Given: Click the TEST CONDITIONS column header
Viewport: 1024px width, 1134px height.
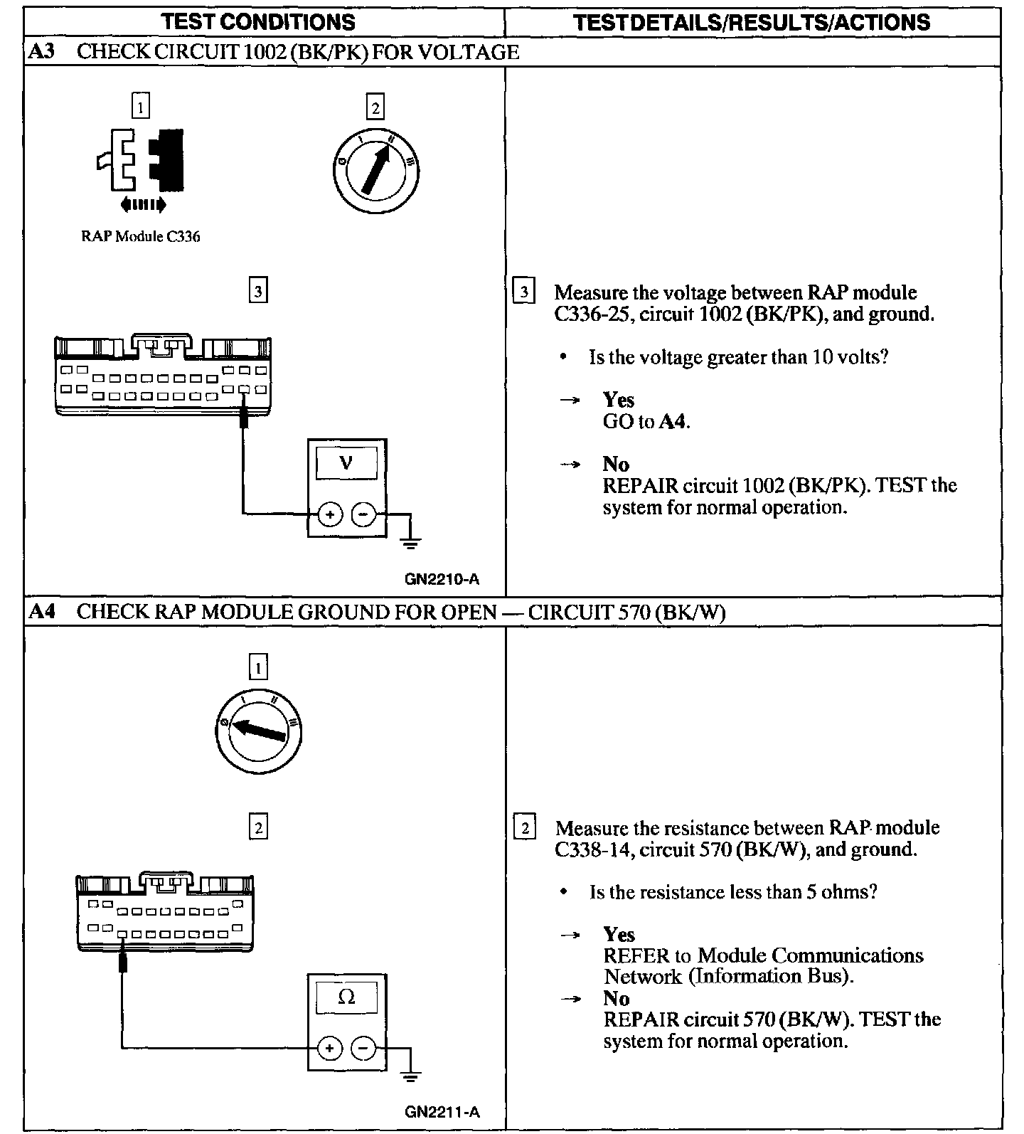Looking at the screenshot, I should [258, 22].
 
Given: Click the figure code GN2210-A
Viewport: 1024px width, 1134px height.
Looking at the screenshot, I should [442, 579].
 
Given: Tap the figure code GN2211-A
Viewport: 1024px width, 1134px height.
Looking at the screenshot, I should [442, 1112].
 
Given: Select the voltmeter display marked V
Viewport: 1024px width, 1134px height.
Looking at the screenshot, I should [346, 464].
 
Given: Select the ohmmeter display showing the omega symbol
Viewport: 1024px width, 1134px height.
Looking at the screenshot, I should [346, 997].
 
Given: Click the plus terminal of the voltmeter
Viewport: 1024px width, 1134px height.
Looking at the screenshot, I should [329, 514].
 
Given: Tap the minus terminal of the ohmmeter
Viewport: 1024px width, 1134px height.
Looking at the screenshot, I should [363, 1048].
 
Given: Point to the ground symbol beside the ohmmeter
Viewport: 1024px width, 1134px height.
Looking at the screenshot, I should [410, 1077].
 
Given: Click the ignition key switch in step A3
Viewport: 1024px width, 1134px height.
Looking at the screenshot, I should [375, 171].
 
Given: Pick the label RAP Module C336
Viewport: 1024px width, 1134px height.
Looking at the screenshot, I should [141, 237].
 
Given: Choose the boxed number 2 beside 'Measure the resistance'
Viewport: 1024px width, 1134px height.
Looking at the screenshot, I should [525, 828].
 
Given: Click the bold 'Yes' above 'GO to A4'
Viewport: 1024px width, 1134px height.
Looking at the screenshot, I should [618, 400].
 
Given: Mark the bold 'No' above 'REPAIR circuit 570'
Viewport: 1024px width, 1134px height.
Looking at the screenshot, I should [616, 998].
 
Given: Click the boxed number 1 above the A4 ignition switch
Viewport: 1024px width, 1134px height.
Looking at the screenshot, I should [258, 667].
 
